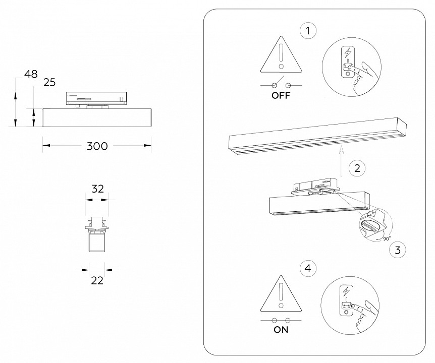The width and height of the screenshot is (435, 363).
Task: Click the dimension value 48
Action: (x=31, y=74)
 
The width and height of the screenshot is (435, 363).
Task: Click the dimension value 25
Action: (x=49, y=83)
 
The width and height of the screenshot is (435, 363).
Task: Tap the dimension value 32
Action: (x=97, y=189)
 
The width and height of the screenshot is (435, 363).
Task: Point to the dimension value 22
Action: (x=97, y=280)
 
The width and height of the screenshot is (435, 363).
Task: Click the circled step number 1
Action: (x=308, y=31)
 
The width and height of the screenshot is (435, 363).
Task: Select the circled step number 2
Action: (x=357, y=168)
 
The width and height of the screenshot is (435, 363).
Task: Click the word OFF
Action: (x=281, y=96)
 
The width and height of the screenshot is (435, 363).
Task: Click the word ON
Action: (x=281, y=330)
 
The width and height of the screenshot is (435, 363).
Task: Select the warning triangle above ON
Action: (x=281, y=295)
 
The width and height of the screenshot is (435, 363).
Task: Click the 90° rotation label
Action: (x=386, y=238)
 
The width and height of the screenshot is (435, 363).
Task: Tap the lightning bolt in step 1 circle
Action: (x=347, y=52)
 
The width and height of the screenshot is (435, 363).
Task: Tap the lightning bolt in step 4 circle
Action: (x=347, y=291)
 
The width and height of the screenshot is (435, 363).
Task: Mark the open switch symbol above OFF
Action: (x=281, y=84)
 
